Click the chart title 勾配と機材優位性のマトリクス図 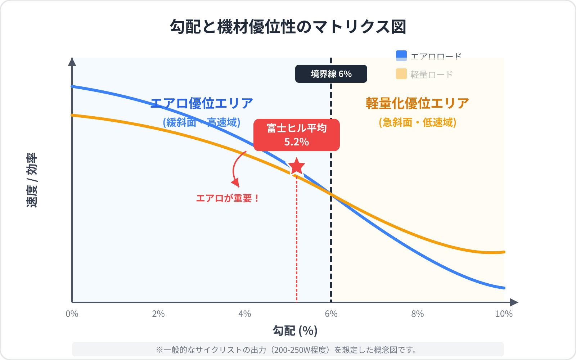pos(288,27)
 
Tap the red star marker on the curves pos(297,167)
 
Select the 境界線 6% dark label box pos(331,74)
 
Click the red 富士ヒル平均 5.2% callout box pos(297,135)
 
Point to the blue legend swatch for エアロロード pos(401,56)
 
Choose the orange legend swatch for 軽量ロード pos(401,74)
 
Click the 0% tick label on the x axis pos(72,314)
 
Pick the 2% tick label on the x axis pos(158,314)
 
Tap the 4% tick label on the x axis pos(245,314)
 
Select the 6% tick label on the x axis pos(331,314)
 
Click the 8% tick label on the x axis pos(418,314)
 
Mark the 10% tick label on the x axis pos(504,314)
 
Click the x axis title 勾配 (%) pos(295,330)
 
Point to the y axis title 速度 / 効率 pos(32,180)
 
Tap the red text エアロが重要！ pos(228,198)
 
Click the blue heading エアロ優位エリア pos(202,103)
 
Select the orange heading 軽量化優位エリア pos(418,103)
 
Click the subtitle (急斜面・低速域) pos(418,122)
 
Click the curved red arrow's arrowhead pos(236,183)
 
